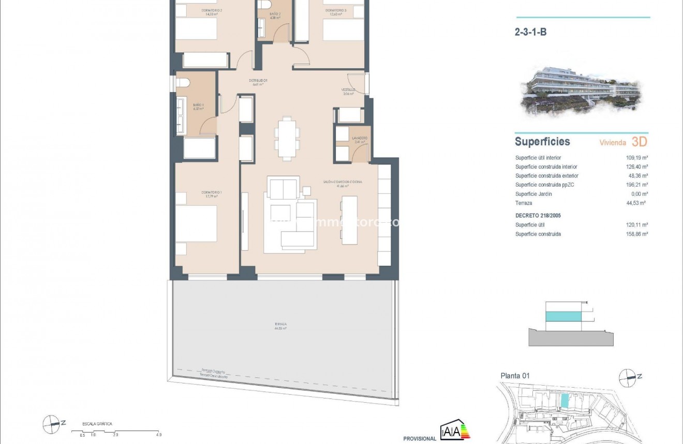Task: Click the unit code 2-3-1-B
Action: tap(530, 32)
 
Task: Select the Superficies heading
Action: tap(542, 142)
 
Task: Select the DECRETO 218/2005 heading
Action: tap(538, 216)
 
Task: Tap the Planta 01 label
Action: tap(515, 376)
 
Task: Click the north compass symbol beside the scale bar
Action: tap(51, 424)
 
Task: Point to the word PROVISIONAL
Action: tap(419, 439)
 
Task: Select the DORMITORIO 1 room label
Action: tap(210, 193)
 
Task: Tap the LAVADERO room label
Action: tap(360, 139)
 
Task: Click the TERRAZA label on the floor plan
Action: tap(281, 324)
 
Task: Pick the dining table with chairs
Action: tap(286, 137)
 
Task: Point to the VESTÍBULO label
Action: tap(348, 90)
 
